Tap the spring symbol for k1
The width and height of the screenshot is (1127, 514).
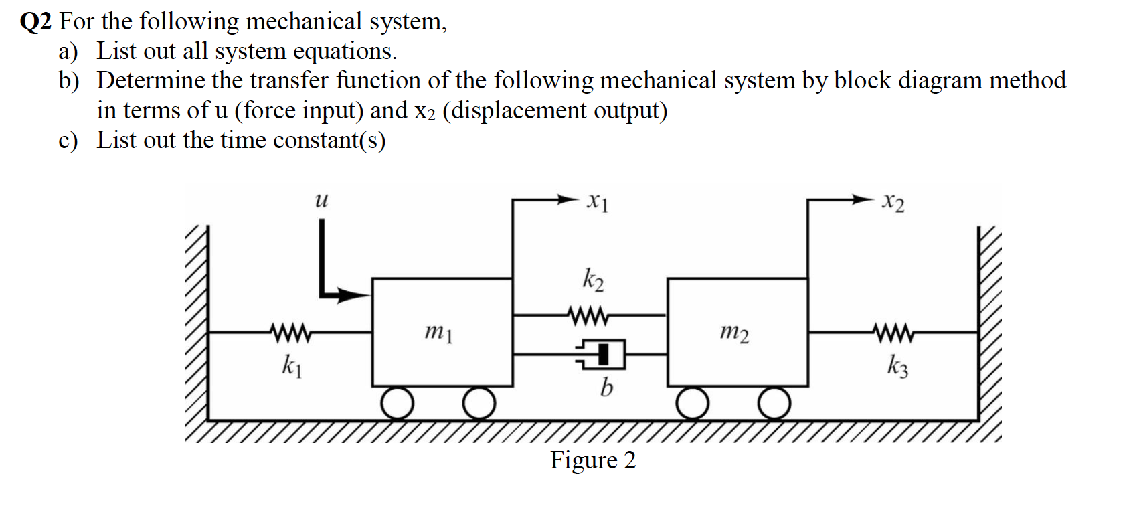[x=289, y=331]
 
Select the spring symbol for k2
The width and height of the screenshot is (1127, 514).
[x=588, y=313]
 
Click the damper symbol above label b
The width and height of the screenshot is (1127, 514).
[x=601, y=355]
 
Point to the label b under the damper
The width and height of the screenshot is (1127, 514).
[x=606, y=387]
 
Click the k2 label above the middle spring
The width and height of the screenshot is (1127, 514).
[x=593, y=280]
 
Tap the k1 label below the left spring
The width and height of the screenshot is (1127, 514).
[x=291, y=366]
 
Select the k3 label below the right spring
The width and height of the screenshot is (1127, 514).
[x=897, y=366]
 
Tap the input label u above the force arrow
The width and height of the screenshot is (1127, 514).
[x=321, y=199]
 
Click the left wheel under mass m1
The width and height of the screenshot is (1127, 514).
[x=398, y=404]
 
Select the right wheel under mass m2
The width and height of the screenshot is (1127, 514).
[x=775, y=404]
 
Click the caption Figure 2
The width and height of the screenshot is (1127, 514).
[x=593, y=460]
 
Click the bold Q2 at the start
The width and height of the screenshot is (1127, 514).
[x=35, y=22]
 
